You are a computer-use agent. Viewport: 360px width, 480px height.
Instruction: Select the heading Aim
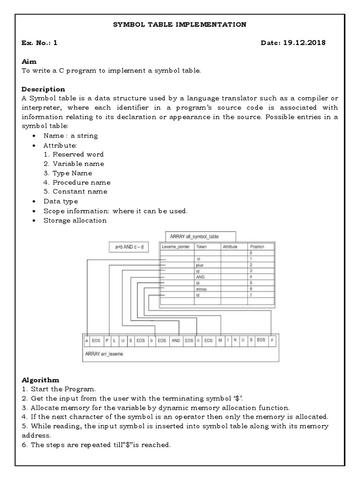click(x=29, y=61)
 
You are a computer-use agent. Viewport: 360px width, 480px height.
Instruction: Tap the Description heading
click(x=43, y=89)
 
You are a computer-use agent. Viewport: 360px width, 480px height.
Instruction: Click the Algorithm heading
click(x=40, y=380)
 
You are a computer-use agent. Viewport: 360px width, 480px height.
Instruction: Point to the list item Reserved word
click(x=78, y=154)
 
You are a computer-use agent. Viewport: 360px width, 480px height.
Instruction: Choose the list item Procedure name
click(x=82, y=182)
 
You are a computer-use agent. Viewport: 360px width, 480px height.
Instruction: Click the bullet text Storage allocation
click(x=75, y=220)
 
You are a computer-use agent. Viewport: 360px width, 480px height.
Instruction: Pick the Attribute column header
click(x=230, y=247)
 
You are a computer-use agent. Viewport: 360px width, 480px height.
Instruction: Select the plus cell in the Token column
click(x=200, y=265)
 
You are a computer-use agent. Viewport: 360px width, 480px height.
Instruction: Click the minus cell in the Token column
click(x=201, y=289)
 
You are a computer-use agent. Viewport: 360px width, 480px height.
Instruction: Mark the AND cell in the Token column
click(x=200, y=277)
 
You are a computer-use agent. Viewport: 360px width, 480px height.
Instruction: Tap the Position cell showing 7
click(x=252, y=295)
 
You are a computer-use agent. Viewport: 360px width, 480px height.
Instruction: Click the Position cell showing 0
click(x=252, y=253)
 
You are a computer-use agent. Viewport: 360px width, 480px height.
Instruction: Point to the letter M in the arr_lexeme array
click(x=220, y=340)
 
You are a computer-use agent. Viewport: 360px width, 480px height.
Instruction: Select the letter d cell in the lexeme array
click(x=272, y=340)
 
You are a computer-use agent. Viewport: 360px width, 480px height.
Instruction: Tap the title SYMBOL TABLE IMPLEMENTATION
click(x=180, y=24)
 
